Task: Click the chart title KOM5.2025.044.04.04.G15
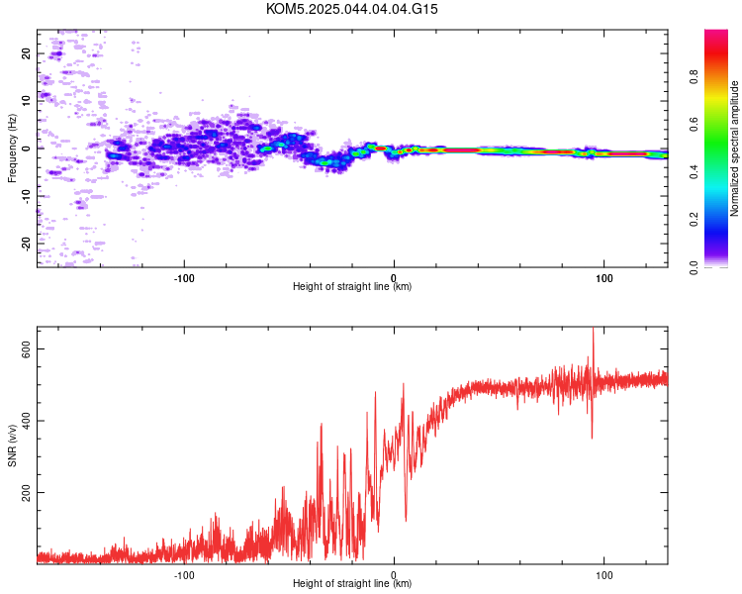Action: point(351,9)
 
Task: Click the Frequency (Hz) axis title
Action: point(12,148)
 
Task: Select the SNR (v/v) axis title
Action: point(12,445)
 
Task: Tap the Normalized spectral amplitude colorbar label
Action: point(734,148)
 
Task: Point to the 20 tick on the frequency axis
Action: point(26,53)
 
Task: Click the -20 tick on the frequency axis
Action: point(26,244)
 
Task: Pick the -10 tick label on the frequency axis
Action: point(26,196)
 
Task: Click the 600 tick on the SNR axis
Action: point(26,348)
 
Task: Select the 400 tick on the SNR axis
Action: point(26,421)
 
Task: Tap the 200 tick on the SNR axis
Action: point(26,493)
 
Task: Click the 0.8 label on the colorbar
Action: point(694,77)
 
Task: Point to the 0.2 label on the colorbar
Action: point(694,220)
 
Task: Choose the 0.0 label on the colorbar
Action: point(694,267)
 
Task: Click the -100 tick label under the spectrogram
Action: point(184,278)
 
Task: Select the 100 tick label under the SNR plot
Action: point(604,575)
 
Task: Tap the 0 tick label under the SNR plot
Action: point(394,575)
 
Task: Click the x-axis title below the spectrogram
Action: point(352,286)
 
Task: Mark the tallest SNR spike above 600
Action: point(593,330)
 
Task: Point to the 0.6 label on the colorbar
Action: point(694,125)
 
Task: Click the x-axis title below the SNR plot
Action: point(352,583)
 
